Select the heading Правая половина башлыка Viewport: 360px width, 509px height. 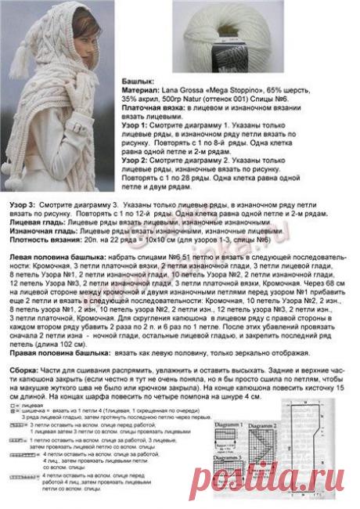(63, 352)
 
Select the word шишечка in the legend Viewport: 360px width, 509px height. (37, 413)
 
